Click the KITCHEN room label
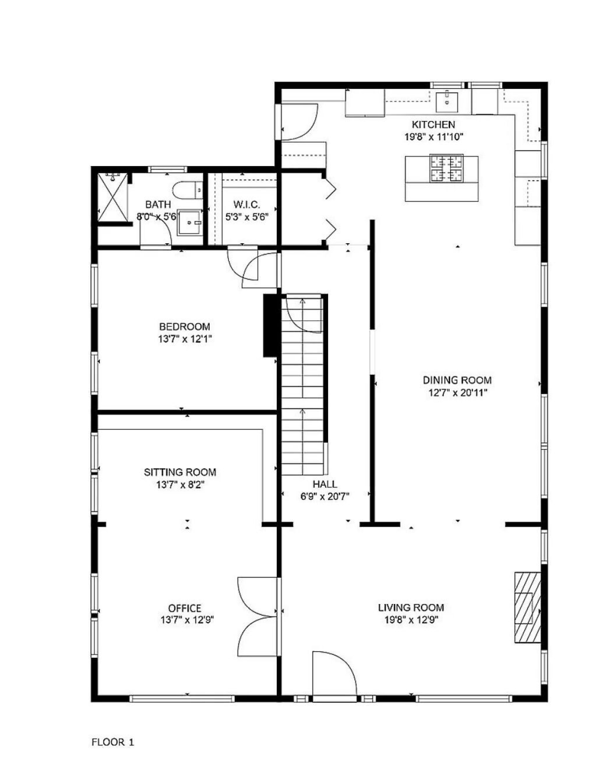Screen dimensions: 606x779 433,125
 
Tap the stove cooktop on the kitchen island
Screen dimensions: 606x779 447,168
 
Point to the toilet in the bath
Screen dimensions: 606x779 188,190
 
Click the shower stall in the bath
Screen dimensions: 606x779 112,198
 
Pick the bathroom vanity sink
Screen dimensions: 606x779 191,222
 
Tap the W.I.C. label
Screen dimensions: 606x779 247,205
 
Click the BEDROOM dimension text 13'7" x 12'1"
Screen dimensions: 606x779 185,339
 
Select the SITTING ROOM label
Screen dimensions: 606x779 180,472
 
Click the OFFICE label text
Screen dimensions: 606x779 185,608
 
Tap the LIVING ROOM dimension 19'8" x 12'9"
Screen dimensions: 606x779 411,620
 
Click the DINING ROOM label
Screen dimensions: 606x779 457,380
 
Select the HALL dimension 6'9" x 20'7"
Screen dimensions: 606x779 325,496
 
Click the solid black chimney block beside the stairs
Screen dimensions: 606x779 270,325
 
